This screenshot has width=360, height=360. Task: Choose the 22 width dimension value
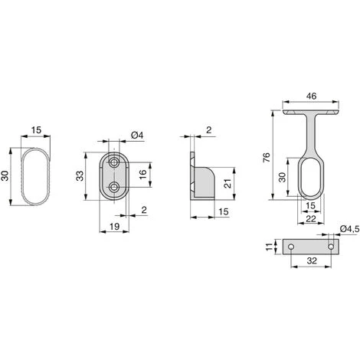(x=311, y=219)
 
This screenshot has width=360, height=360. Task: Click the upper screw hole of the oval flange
(x=114, y=164)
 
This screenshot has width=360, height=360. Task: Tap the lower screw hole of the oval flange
(x=114, y=188)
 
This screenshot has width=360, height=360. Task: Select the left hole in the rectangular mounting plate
(x=291, y=247)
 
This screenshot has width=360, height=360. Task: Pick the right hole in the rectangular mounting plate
(x=332, y=247)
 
